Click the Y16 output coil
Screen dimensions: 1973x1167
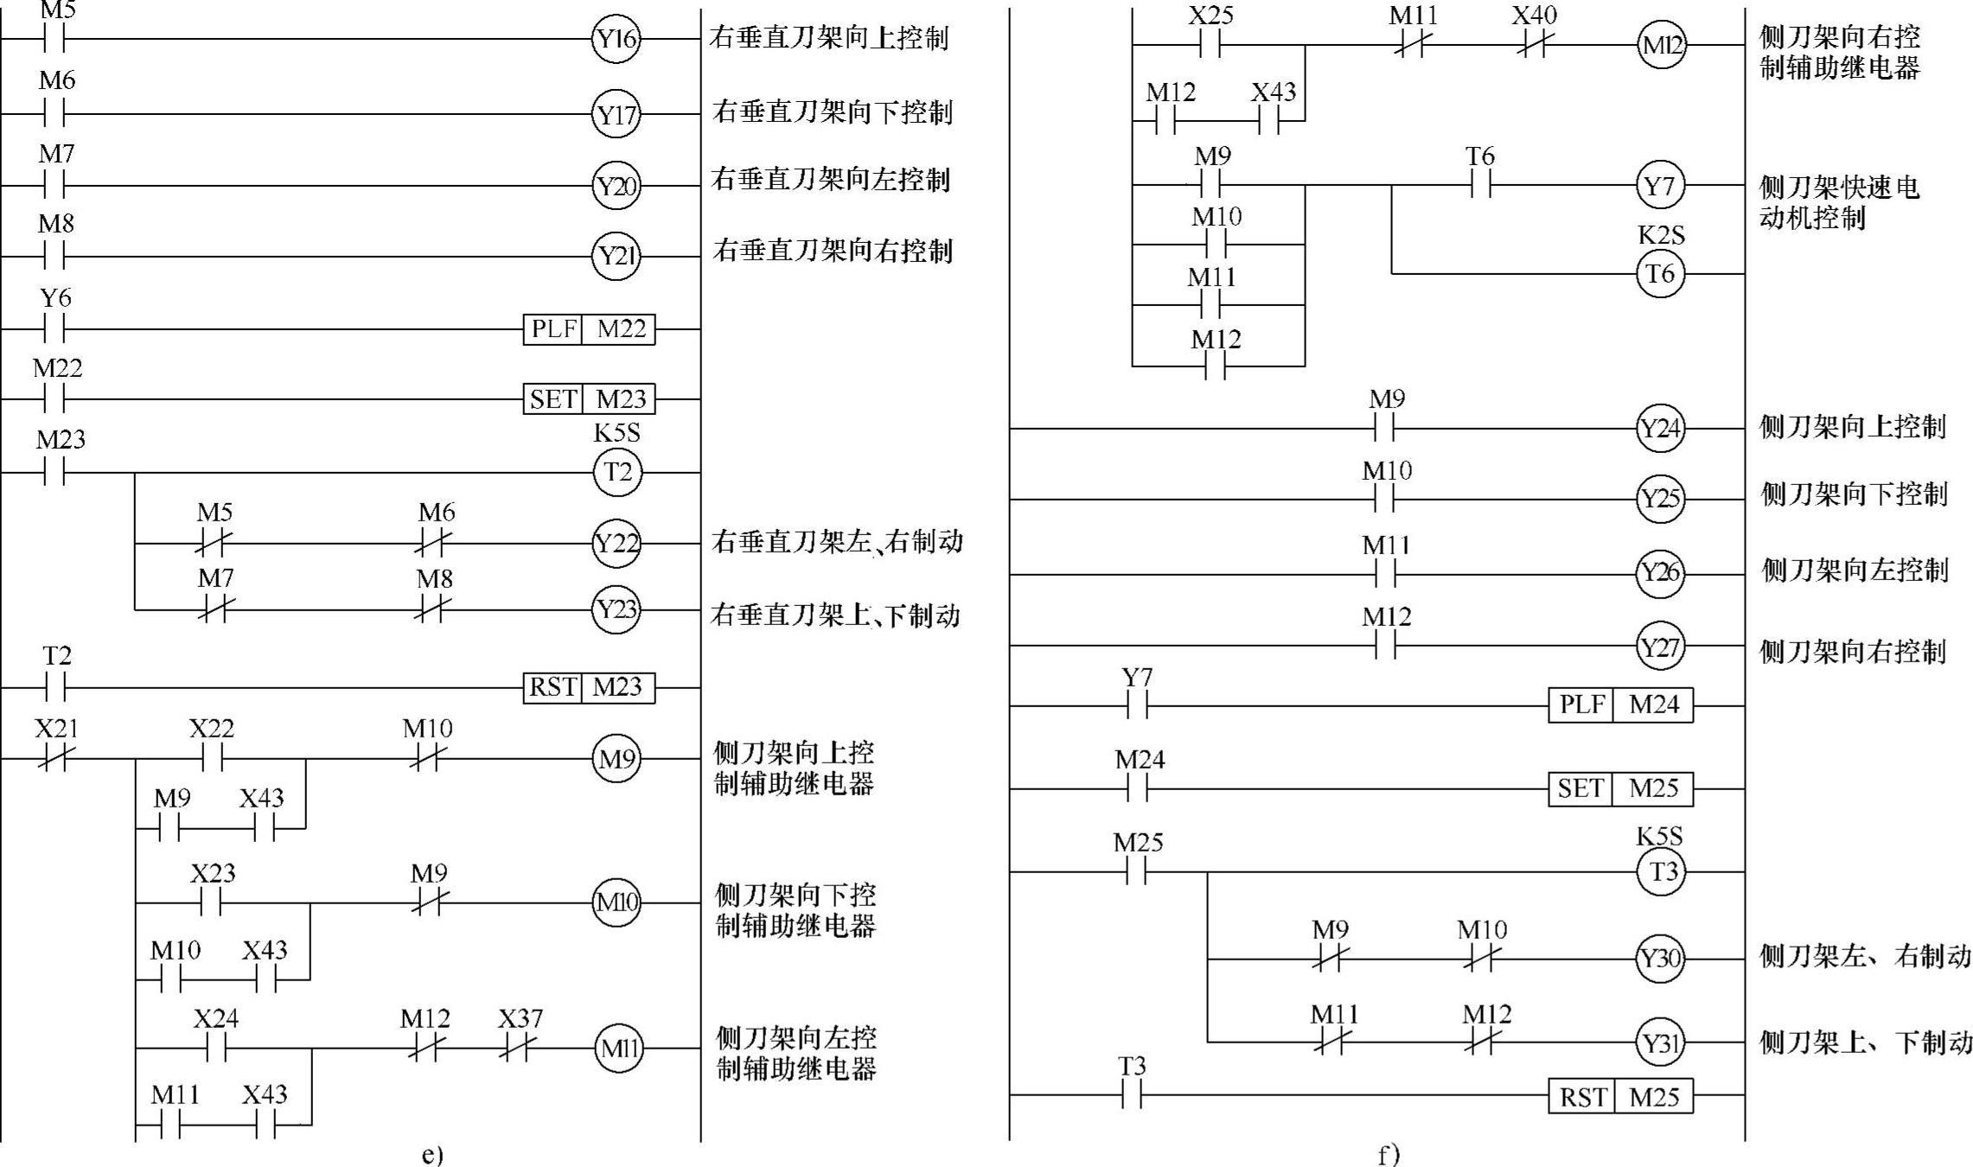[616, 39]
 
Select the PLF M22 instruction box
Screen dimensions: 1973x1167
[589, 329]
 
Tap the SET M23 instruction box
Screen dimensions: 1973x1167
[589, 399]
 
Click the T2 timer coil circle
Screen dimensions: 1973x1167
[617, 473]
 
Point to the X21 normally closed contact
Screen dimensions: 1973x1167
[55, 759]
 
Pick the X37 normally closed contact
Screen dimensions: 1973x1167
[519, 1049]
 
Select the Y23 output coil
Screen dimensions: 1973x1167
[616, 609]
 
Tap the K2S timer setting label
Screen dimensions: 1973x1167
[1660, 235]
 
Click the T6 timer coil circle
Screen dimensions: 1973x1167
[1660, 274]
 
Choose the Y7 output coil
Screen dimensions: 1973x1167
[1659, 186]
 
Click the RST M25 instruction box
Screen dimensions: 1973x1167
[1620, 1096]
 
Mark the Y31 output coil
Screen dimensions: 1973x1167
[1659, 1043]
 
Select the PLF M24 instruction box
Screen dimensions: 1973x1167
[1620, 705]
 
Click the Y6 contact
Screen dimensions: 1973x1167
[54, 329]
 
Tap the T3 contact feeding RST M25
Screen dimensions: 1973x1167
[1133, 1096]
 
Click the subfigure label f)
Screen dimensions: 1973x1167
[1389, 1155]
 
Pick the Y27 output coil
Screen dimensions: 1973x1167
[1659, 647]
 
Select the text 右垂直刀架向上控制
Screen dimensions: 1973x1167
[829, 38]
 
